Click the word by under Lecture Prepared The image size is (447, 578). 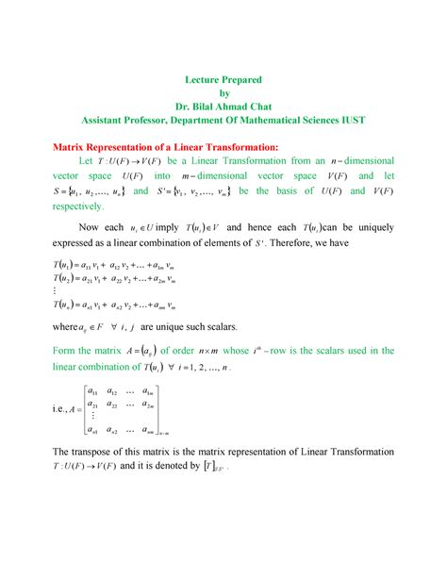click(223, 92)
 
